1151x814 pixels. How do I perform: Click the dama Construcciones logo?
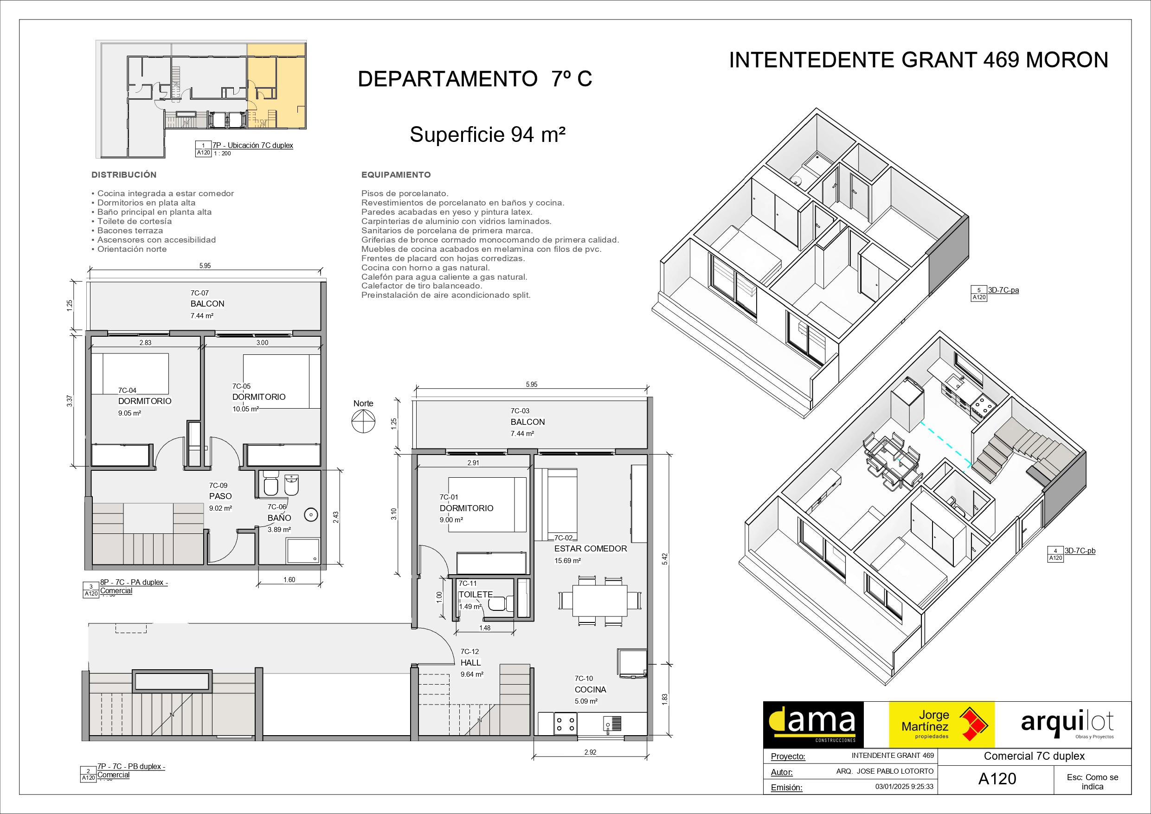coord(813,725)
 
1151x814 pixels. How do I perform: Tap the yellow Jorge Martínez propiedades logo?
coord(941,725)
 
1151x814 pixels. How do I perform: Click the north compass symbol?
coord(363,421)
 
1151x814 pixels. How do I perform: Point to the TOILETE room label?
coord(476,595)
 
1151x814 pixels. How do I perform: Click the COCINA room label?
coord(590,690)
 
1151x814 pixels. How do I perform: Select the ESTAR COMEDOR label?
coord(591,549)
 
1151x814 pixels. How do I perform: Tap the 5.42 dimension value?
coord(665,559)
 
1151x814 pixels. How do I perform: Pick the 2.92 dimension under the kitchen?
coord(590,752)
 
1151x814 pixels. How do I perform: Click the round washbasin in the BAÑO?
coord(311,515)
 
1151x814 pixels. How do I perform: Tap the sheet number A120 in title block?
coord(997,779)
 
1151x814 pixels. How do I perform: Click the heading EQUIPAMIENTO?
coord(396,175)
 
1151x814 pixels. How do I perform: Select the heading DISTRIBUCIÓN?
coord(124,175)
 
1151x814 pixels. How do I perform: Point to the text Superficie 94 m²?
coord(487,135)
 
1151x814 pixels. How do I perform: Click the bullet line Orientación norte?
coord(129,249)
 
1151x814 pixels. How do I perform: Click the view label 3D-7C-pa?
coord(1003,290)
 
